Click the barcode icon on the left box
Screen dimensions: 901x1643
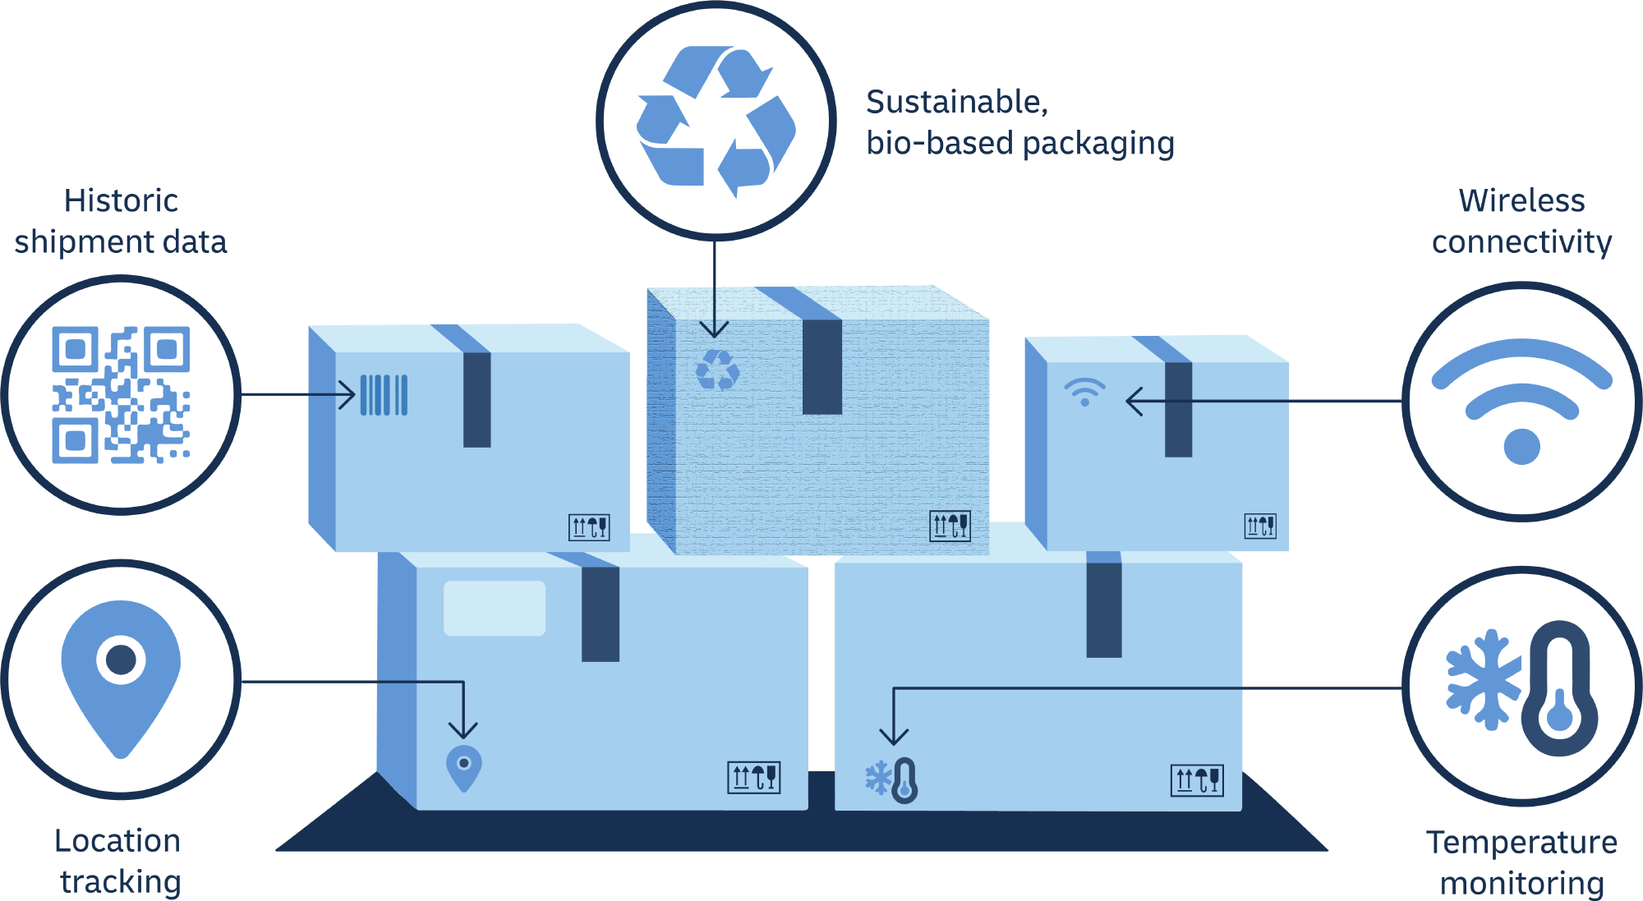384,395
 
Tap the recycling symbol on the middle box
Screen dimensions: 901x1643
717,370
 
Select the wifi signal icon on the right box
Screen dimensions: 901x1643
1084,392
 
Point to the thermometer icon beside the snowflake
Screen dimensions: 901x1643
904,780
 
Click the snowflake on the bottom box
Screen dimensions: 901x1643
878,778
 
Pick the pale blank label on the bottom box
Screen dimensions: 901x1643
495,609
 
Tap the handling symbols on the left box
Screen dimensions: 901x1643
589,527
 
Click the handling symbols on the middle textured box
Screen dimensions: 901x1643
950,526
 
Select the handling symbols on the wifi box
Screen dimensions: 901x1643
1260,526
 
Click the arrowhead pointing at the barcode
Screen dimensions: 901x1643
349,395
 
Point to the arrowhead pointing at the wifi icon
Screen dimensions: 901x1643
1133,402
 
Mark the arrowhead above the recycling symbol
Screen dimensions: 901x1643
714,331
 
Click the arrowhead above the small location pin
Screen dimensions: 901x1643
463,731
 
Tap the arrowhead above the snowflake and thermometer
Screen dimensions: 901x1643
894,737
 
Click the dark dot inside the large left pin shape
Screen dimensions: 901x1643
121,660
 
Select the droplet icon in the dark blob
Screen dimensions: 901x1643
1559,707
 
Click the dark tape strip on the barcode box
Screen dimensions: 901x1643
477,400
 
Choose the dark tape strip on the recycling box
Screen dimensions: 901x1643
822,367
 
